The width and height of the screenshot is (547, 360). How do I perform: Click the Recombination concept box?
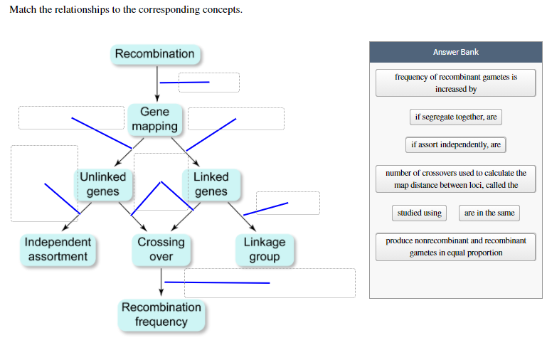154,54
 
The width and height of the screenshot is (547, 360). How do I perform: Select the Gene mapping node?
154,119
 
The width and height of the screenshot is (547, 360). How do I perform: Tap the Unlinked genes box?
102,184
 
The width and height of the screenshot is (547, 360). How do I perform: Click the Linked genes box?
211,184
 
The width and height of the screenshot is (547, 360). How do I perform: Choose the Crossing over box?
161,249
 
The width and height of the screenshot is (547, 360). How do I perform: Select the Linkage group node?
264,249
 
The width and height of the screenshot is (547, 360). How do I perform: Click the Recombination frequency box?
161,314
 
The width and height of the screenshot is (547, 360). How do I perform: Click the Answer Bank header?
455,52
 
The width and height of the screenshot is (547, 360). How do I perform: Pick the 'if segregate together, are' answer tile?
455,117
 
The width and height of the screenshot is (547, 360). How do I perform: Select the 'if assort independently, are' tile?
455,144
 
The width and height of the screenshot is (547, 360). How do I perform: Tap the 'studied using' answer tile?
419,213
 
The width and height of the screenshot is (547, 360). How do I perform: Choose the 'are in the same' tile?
489,213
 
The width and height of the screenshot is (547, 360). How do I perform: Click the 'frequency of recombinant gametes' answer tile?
455,83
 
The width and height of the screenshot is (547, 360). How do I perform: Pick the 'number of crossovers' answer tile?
455,179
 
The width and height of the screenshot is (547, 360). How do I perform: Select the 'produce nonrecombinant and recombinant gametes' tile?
455,247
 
